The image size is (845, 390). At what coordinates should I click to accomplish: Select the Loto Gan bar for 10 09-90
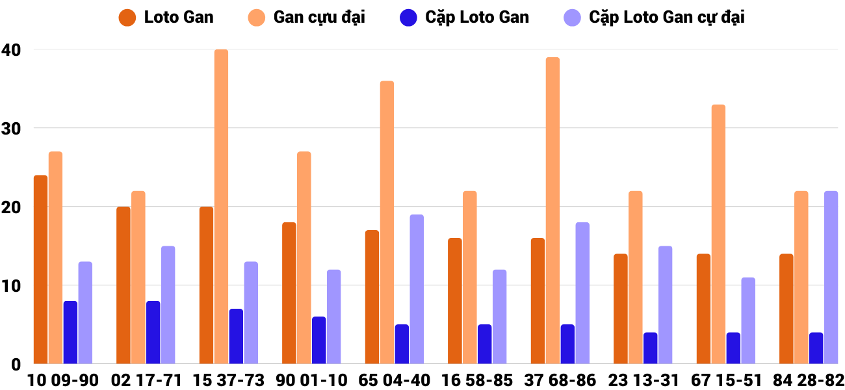coord(40,270)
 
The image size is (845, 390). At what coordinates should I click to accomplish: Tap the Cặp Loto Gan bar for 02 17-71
coord(153,333)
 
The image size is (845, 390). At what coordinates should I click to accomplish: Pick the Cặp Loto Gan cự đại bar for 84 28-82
coord(831,278)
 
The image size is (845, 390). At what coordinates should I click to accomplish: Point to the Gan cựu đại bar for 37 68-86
coord(552,211)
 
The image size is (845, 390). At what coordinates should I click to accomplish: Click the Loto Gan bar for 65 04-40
coord(372,297)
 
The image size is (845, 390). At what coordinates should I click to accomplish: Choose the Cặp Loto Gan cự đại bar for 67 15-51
coord(748,321)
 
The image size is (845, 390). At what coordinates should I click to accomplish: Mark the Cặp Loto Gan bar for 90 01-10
coord(318,341)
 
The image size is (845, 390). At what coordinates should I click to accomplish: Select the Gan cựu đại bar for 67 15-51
coord(718,234)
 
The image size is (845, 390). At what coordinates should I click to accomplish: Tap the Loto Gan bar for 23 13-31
coord(621,309)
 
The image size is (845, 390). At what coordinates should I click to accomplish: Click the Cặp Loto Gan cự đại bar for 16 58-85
coord(499,317)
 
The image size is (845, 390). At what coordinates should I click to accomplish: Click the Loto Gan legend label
coord(179,18)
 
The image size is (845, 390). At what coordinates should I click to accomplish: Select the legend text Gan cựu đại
coord(319,18)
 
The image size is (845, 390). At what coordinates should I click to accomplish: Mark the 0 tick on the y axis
coord(16,364)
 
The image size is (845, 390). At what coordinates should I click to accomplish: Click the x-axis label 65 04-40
coord(394,380)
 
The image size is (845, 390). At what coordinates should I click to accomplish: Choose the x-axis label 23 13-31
coord(643,380)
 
